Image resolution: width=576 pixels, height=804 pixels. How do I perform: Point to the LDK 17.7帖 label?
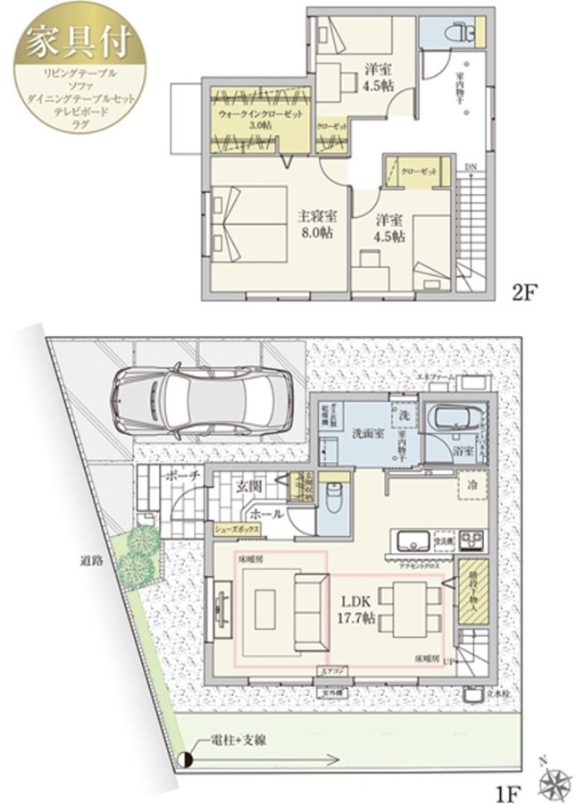(x=355, y=608)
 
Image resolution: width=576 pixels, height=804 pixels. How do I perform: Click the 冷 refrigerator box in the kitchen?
(x=471, y=488)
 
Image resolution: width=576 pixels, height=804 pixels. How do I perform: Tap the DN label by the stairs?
(x=471, y=167)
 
